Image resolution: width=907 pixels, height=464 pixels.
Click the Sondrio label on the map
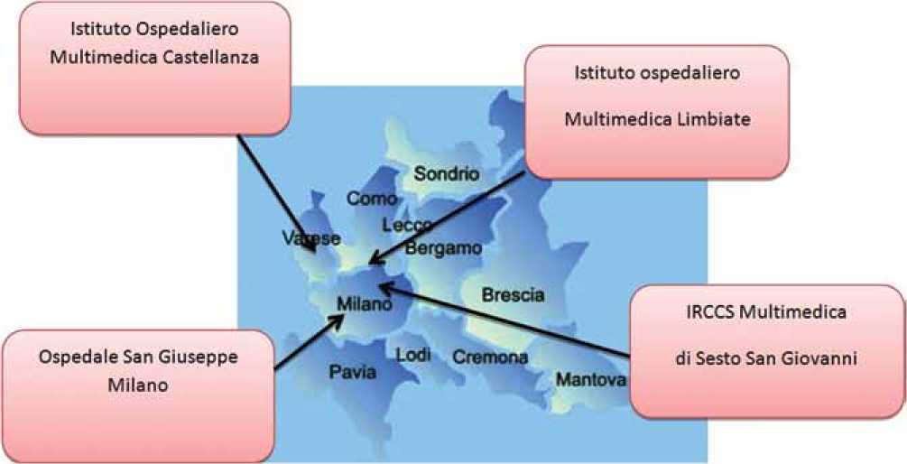click(x=447, y=173)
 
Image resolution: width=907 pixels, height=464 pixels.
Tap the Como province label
click(x=372, y=200)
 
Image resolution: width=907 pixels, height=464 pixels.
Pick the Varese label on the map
click(x=310, y=238)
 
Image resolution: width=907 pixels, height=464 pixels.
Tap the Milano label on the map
click(x=364, y=305)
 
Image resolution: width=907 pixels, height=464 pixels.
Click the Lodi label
click(x=413, y=355)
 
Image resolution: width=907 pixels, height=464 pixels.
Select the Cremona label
click(x=490, y=357)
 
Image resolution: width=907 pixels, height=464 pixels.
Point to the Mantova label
click(x=590, y=380)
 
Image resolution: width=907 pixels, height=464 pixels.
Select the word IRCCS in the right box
click(x=711, y=312)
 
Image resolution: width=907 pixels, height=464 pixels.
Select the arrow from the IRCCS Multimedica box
click(x=505, y=320)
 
